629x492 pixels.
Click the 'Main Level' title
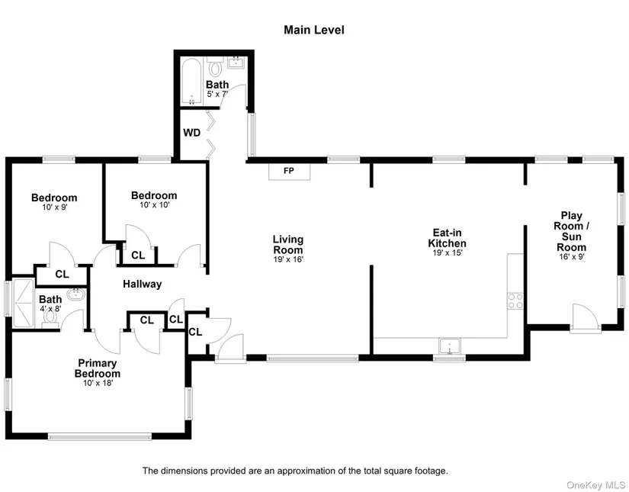pyautogui.click(x=313, y=30)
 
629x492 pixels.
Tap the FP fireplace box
pyautogui.click(x=289, y=172)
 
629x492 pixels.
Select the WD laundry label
pyautogui.click(x=191, y=133)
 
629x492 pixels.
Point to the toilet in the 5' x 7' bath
pyautogui.click(x=216, y=67)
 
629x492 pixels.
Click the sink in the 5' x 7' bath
pyautogui.click(x=236, y=63)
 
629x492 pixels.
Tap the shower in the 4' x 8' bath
pyautogui.click(x=24, y=303)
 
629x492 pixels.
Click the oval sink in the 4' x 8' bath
pyautogui.click(x=75, y=294)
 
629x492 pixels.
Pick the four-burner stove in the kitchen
pyautogui.click(x=515, y=301)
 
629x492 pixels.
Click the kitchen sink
pyautogui.click(x=450, y=346)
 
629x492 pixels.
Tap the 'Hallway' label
pyautogui.click(x=142, y=284)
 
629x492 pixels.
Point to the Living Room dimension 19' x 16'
pyautogui.click(x=288, y=259)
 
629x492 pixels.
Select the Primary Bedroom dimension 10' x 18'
pyautogui.click(x=98, y=383)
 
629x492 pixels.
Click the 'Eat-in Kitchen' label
pyautogui.click(x=447, y=238)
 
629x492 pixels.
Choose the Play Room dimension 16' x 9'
pyautogui.click(x=572, y=256)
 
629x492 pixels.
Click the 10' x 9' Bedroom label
pyautogui.click(x=54, y=198)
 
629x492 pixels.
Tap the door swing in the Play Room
pyautogui.click(x=586, y=318)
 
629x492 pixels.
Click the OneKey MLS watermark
pyautogui.click(x=595, y=486)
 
